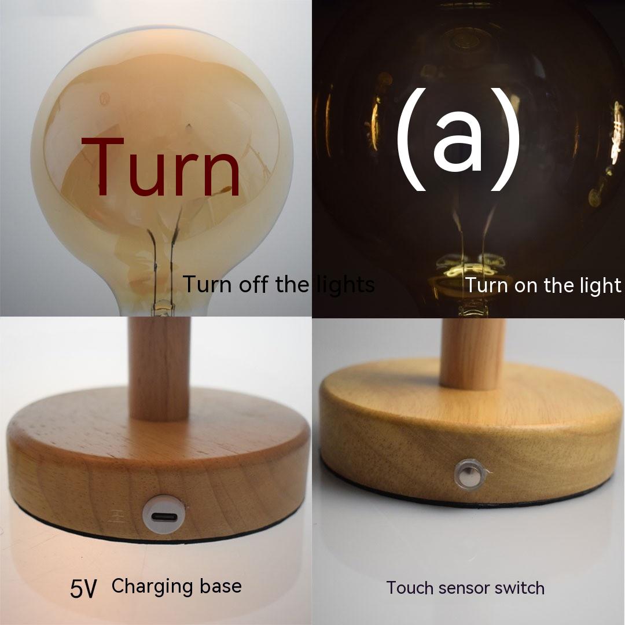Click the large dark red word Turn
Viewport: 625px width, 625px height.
161,167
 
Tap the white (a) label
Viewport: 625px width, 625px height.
458,139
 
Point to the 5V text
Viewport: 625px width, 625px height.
84,588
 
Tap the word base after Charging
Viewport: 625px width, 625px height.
220,586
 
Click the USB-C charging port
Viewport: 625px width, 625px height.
164,517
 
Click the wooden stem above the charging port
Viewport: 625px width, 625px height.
159,367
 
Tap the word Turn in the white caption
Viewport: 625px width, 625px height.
488,285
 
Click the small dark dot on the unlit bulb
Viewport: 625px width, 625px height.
188,127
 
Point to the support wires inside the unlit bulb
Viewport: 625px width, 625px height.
163,259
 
